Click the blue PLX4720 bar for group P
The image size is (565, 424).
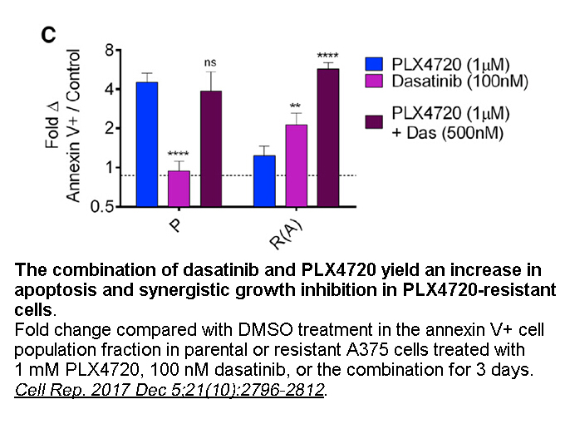[x=146, y=143]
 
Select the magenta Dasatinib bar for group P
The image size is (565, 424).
[x=179, y=188]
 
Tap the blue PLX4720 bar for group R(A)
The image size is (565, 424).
[x=263, y=180]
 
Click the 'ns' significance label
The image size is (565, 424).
[x=211, y=62]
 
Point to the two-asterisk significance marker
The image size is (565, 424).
[x=295, y=106]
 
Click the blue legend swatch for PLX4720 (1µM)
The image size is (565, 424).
[x=375, y=64]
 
